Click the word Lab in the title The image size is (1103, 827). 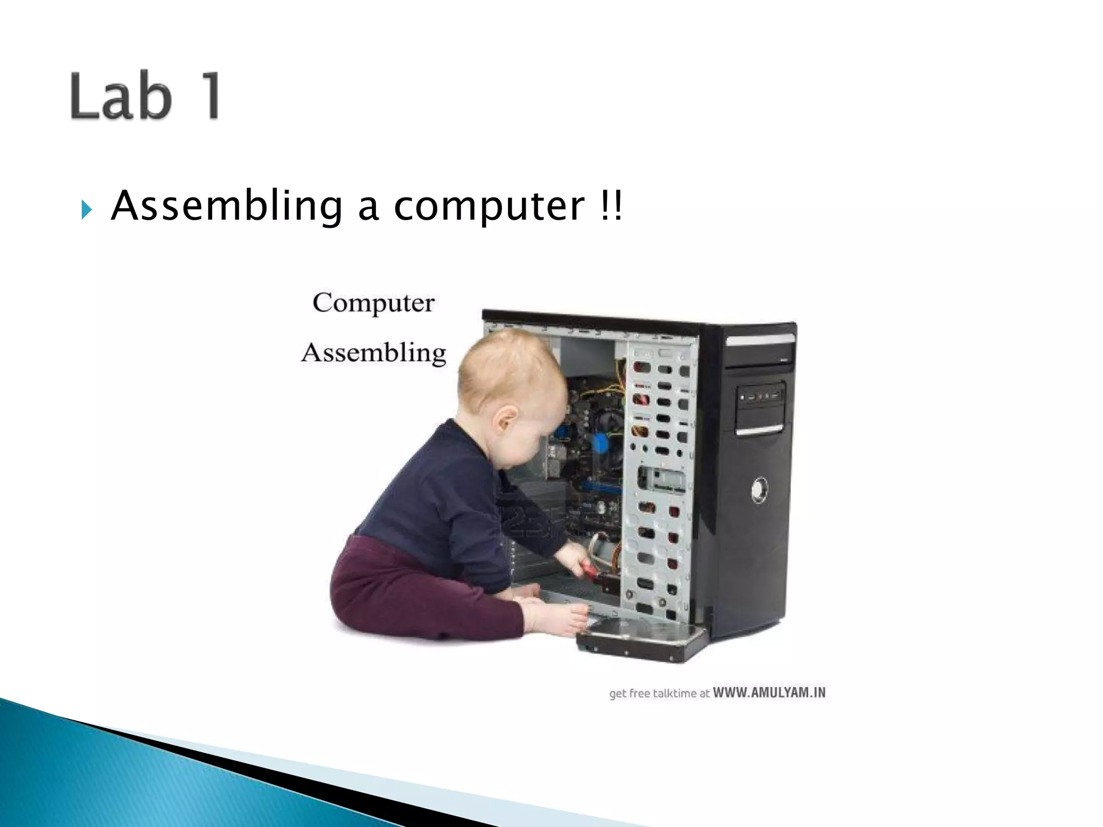point(122,96)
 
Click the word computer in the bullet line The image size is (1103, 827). point(489,206)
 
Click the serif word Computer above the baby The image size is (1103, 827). point(373,303)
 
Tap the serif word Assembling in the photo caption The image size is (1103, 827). point(373,353)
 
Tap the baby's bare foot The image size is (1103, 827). point(560,620)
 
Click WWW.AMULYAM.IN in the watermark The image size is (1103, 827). point(769,692)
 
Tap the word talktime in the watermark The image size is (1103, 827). point(674,693)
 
